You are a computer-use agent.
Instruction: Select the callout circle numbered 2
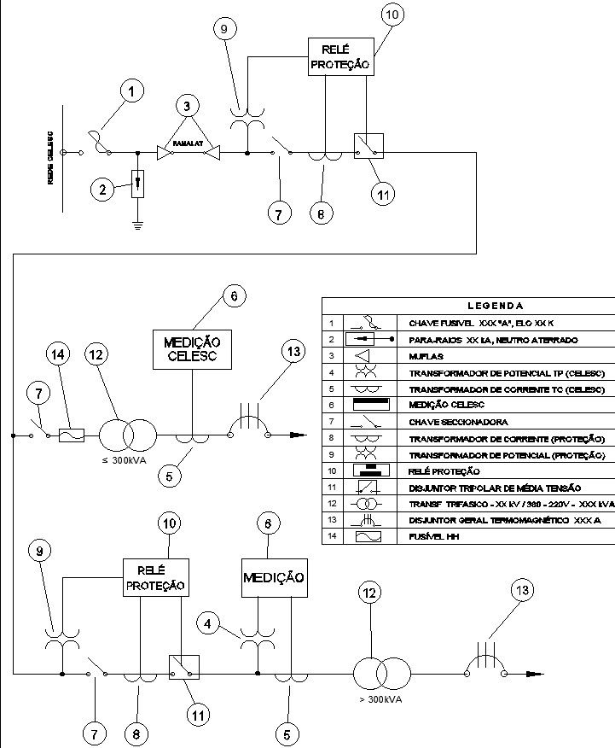point(103,190)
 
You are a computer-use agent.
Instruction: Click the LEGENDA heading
point(496,306)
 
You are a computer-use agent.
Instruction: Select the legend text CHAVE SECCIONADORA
point(459,422)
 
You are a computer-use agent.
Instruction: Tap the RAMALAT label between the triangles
point(188,145)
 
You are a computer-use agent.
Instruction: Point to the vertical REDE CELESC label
point(52,155)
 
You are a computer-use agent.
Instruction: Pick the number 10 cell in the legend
point(330,470)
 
